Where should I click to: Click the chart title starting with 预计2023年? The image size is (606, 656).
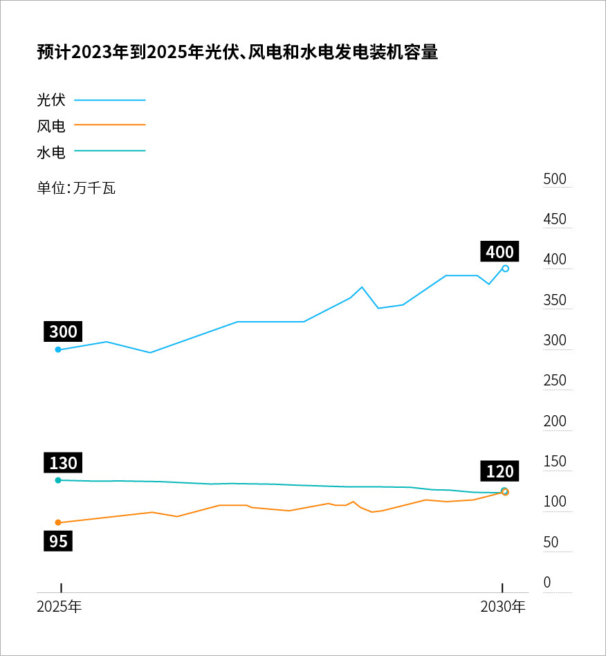237,53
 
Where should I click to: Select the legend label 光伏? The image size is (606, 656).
51,100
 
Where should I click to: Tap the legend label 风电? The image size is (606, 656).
51,126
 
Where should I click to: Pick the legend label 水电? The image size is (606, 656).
51,152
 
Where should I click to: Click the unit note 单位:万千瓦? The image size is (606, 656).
76,188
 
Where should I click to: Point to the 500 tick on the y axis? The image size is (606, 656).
555,179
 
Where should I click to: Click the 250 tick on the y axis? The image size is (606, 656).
555,381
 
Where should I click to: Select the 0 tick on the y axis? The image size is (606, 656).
547,583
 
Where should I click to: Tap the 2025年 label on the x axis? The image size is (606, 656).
59,608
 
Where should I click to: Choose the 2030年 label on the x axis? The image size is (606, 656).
503,608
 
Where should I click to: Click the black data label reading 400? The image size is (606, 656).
499,252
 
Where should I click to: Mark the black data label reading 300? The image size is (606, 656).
64,331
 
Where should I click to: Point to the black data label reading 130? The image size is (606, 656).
64,463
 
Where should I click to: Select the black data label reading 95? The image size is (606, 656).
59,540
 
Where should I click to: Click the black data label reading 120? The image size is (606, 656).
499,472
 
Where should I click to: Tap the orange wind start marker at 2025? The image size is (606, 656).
58,522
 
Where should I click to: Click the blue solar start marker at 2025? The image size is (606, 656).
58,349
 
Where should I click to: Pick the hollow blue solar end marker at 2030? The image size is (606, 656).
506,268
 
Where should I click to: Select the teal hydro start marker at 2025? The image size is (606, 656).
58,480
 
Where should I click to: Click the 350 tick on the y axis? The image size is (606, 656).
555,300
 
